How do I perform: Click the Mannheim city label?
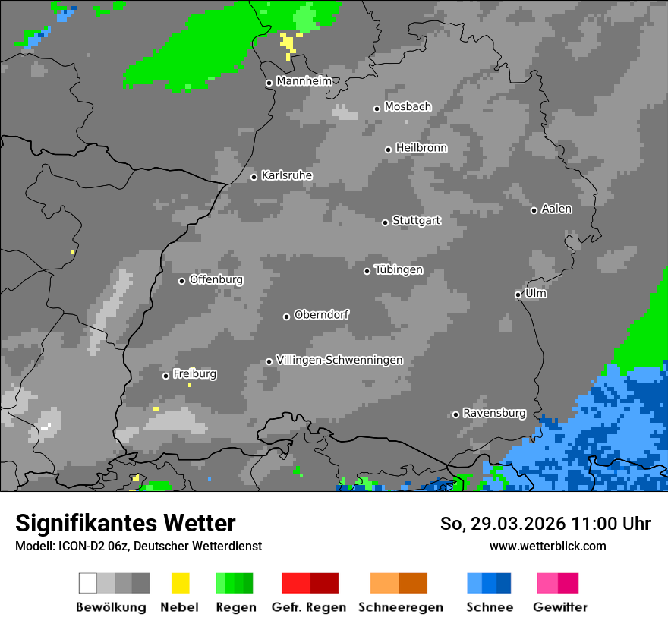304,81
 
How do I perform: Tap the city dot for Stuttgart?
385,222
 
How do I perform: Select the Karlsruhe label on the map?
286,175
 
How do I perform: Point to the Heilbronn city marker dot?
388,150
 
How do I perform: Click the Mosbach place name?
408,107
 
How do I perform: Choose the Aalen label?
556,209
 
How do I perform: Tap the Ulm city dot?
518,295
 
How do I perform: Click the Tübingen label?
399,270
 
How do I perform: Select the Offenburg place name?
216,279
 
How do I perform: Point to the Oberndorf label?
321,314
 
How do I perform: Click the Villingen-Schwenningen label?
339,360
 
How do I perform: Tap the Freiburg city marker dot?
165,376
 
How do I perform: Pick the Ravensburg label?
494,413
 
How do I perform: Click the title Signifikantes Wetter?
125,523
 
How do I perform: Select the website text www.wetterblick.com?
547,546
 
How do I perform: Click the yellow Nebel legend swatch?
180,583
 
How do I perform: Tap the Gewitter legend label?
559,607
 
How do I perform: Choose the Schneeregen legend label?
399,607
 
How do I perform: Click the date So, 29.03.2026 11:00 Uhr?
545,524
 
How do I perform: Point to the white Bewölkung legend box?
88,583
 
